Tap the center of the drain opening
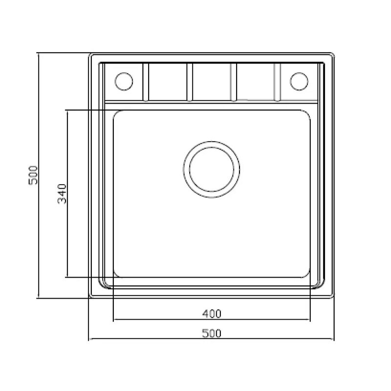point(212,170)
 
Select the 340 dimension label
point(62,194)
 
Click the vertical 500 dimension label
point(33,175)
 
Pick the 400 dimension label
point(212,314)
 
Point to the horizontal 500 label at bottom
point(212,333)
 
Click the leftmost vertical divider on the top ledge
point(146,82)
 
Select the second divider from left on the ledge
point(190,82)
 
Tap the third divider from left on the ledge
point(234,82)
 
